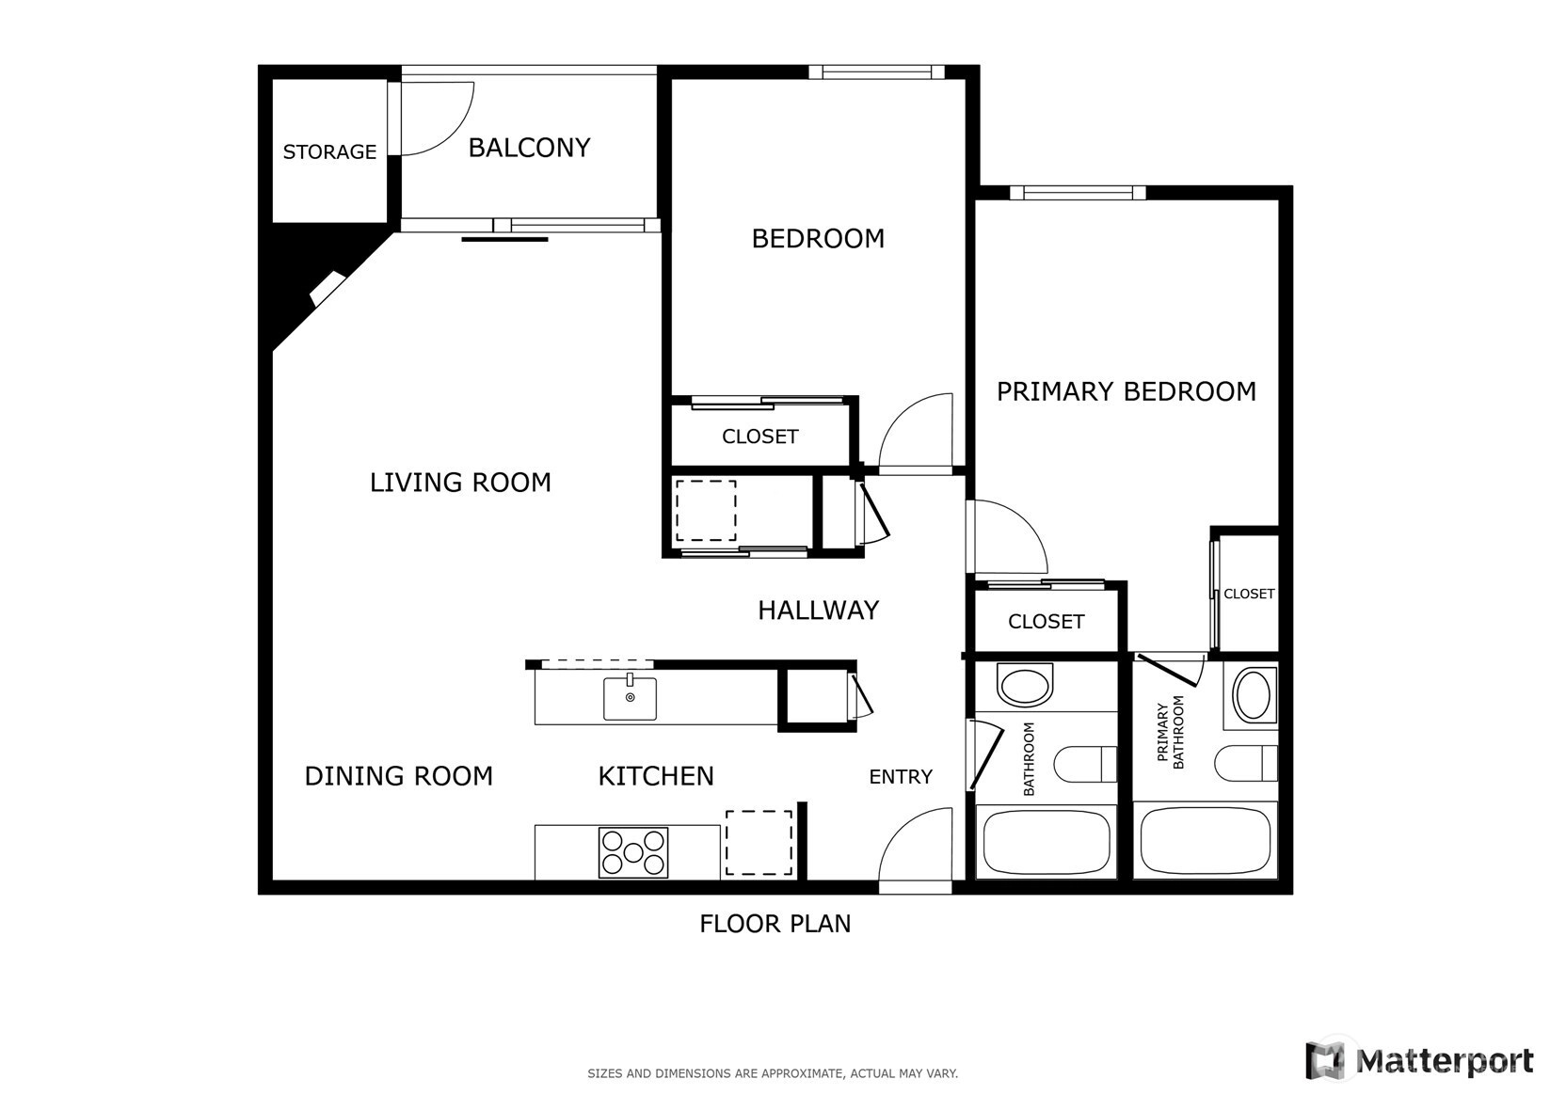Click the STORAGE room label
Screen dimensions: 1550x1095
(x=329, y=151)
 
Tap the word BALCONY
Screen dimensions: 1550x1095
(x=529, y=148)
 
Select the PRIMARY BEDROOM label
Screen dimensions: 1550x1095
(x=1126, y=391)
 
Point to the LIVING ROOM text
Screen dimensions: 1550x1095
(x=460, y=483)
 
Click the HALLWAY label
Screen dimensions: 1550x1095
(x=819, y=611)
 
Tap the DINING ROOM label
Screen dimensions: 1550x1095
(x=399, y=776)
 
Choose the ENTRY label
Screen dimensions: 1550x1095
(x=901, y=777)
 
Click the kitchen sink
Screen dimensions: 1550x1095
(x=630, y=698)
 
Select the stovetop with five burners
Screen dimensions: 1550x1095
(x=633, y=852)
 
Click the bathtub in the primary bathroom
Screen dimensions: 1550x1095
(x=1206, y=842)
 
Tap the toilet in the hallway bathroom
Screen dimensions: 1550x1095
(x=1085, y=765)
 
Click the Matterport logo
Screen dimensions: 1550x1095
(x=1419, y=1060)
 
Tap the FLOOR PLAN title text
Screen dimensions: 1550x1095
(x=775, y=924)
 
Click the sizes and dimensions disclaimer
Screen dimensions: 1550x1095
(x=773, y=1073)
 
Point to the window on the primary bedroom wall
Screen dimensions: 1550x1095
(x=1078, y=192)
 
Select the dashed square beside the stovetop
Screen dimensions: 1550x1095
(x=759, y=843)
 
